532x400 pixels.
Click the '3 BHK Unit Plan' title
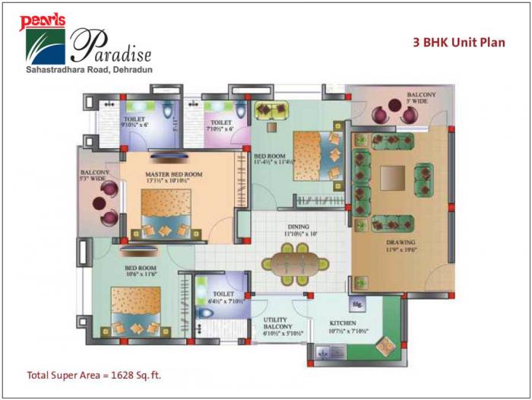coord(458,43)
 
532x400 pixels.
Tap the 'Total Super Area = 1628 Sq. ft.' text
coord(94,375)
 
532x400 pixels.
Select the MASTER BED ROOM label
coord(174,176)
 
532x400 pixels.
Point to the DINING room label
coord(297,230)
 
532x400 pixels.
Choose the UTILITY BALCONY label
coord(283,327)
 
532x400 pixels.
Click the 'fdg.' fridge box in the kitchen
coord(356,303)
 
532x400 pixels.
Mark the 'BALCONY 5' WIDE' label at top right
coord(420,96)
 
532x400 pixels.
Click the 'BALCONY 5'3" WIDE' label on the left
coord(95,176)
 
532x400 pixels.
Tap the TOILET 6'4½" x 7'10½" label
coord(223,297)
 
